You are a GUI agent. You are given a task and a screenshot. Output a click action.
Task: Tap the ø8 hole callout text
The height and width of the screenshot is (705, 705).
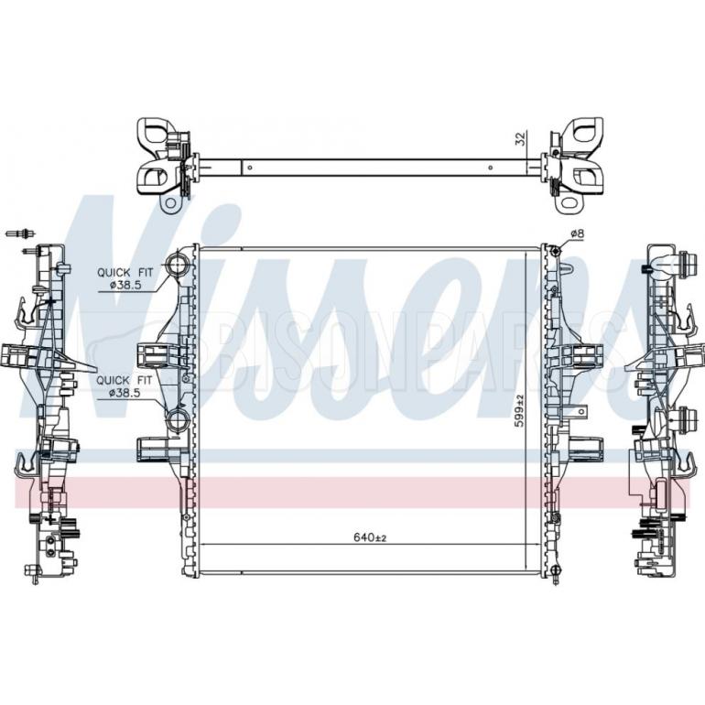[577, 234]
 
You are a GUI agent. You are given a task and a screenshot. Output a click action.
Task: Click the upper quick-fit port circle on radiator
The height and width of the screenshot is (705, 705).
[179, 266]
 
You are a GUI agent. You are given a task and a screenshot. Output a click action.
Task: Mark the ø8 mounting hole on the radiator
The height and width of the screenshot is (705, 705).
[554, 249]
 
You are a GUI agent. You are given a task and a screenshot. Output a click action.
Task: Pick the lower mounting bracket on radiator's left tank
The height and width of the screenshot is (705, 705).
[154, 449]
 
